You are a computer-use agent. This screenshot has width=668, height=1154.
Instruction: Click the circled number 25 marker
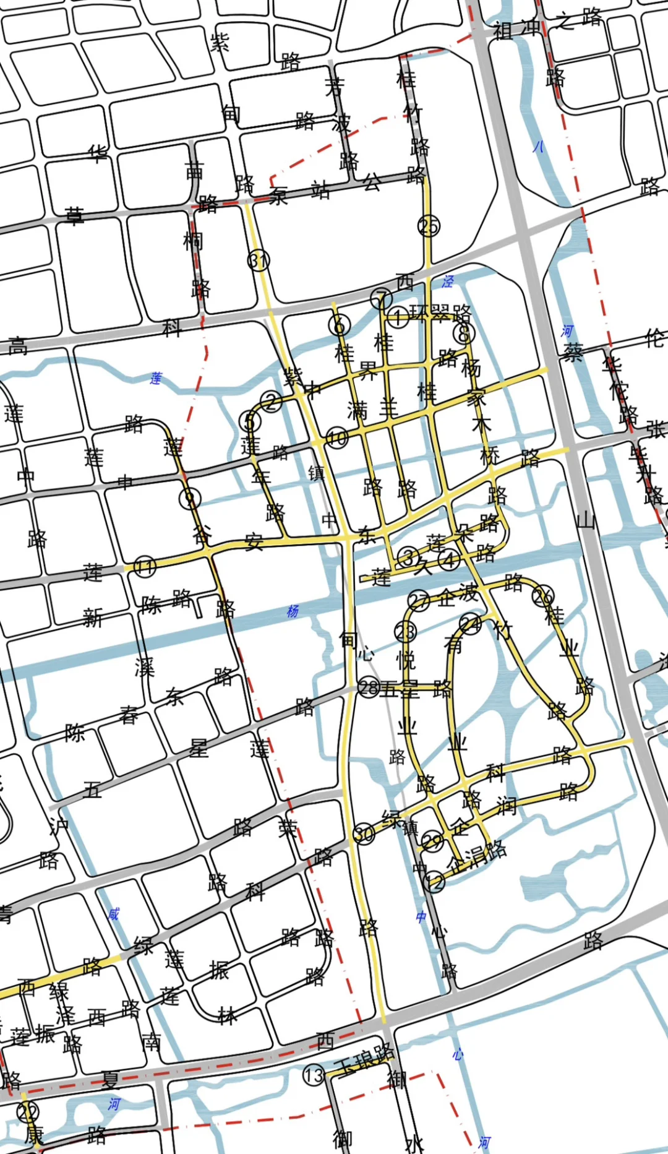429,226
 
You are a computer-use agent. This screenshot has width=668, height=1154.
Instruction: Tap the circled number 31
259,261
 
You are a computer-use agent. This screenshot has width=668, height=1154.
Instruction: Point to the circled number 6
339,324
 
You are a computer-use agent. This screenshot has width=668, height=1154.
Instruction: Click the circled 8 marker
463,334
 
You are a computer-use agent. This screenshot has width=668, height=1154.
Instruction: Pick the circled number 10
337,438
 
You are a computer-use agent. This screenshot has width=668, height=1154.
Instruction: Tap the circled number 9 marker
190,498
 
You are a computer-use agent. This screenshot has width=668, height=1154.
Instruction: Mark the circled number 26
543,595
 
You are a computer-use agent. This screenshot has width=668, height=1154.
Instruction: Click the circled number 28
369,687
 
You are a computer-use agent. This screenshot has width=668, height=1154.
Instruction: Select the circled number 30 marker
364,834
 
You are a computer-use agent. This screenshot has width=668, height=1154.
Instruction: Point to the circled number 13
314,1075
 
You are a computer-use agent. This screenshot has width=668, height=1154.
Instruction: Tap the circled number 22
28,1111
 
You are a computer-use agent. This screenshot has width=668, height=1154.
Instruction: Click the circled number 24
470,623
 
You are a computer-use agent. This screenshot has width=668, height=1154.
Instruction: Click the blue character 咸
113,914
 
